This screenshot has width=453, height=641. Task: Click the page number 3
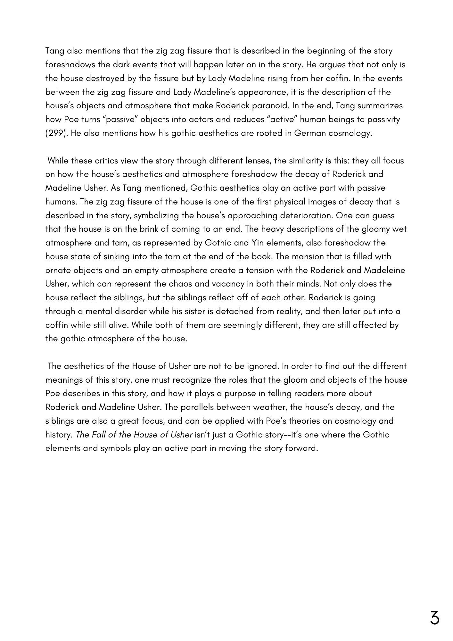tap(434, 618)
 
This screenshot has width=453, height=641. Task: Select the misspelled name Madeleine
tap(384, 270)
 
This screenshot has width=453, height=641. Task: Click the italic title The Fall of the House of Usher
tap(134, 435)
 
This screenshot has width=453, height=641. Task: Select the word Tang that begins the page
tap(54, 51)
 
